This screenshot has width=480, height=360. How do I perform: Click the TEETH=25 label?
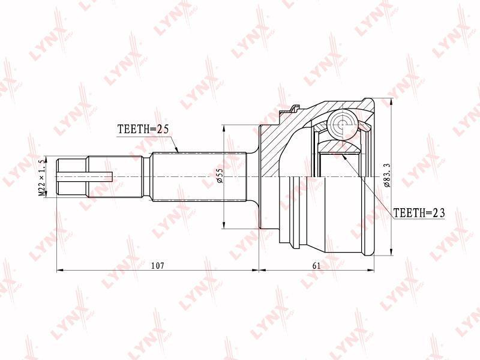tap(143, 130)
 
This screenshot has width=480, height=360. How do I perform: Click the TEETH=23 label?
tap(419, 213)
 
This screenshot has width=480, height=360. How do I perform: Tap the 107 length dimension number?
tap(158, 265)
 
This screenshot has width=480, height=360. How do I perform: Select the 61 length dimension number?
tap(316, 265)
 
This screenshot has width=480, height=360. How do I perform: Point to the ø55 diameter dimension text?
tap(220, 176)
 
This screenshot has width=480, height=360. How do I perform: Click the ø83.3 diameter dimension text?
tap(386, 175)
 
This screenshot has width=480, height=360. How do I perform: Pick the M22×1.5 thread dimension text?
tap(42, 178)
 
